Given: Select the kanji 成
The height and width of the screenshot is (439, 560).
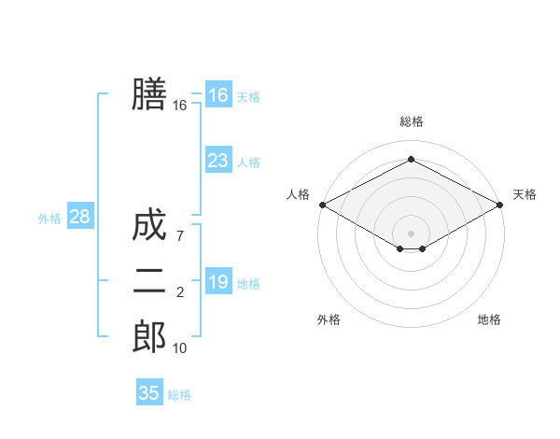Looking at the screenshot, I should (149, 226).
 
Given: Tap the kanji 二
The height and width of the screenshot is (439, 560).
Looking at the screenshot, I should (149, 282).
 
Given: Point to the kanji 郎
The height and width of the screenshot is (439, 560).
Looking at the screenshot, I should (149, 337).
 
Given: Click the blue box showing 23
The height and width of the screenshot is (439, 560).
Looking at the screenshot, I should (218, 161).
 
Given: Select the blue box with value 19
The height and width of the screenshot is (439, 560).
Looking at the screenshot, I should (218, 282).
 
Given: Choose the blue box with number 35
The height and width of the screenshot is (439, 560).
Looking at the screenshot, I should (149, 393).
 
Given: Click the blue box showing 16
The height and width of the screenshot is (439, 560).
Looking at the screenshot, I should (218, 95).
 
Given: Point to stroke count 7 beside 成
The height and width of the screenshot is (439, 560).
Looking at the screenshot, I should (180, 237).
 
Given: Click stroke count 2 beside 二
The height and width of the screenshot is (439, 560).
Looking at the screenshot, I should (180, 293).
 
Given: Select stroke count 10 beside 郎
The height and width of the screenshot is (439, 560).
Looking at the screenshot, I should (180, 348).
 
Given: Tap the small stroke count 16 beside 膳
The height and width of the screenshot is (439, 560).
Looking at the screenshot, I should (180, 106).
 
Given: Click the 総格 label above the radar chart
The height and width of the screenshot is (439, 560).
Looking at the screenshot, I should (411, 121).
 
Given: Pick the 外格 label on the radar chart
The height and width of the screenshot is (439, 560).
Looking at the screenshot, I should (329, 319).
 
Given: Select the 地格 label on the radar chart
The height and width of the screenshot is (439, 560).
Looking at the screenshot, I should (489, 319).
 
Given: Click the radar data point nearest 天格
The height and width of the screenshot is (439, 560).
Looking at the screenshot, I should (500, 205).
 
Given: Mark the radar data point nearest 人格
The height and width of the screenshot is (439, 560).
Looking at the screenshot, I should (322, 205).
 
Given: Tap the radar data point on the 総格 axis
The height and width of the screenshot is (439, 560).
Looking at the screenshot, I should (411, 160).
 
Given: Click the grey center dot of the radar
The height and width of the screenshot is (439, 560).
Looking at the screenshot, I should (411, 233).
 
